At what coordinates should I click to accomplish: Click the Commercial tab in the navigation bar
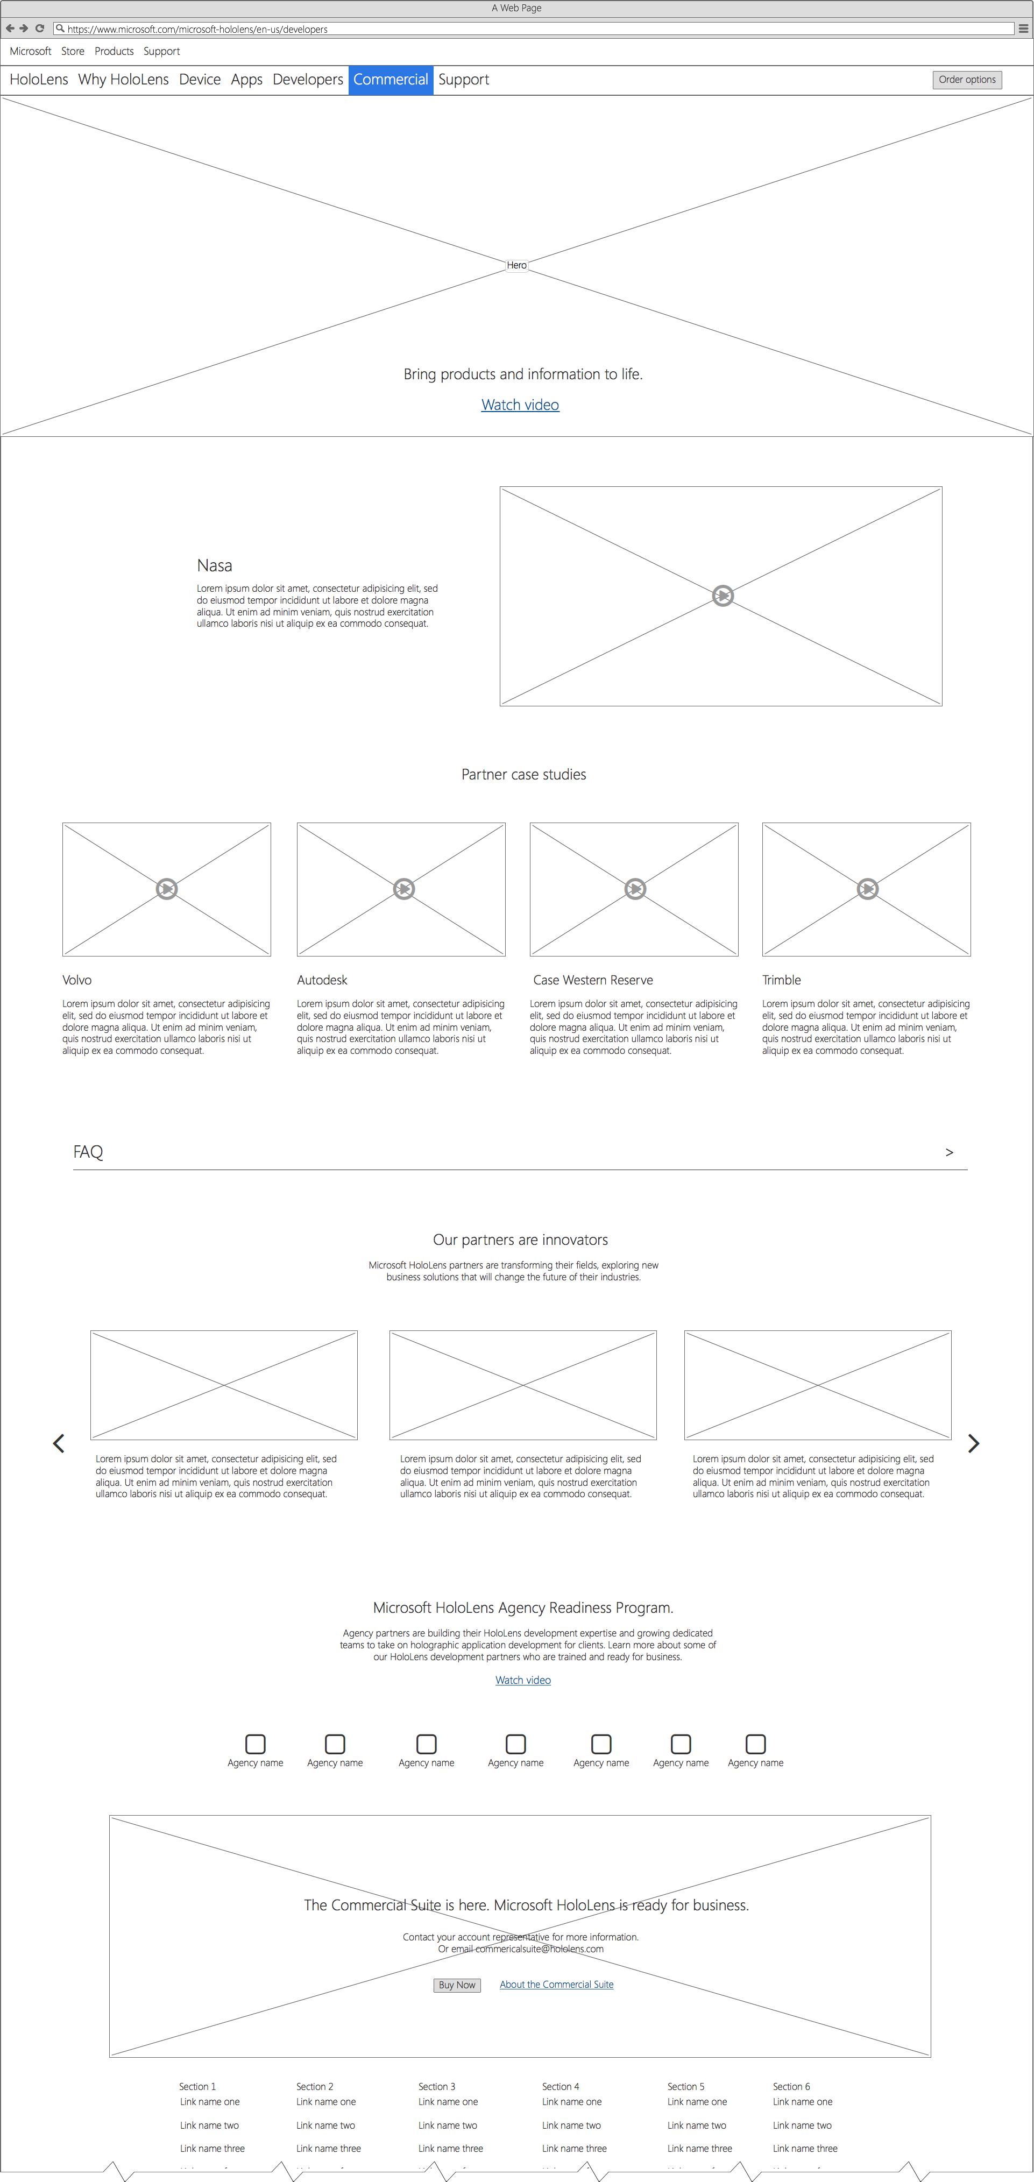pos(391,80)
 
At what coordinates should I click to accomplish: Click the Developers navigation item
pos(307,80)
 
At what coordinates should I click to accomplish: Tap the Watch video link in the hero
pos(520,405)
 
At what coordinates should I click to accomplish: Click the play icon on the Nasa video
pos(723,596)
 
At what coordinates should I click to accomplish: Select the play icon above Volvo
pos(167,889)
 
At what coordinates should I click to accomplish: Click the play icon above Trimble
pos(867,889)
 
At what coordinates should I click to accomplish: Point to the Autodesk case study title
pos(322,980)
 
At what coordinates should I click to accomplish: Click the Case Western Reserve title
pos(593,980)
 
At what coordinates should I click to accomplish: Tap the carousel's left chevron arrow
pos(59,1443)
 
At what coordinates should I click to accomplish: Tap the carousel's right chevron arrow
pos(973,1443)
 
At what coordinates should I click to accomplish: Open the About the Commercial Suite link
pos(556,1984)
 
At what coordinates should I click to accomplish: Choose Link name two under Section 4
pos(572,2126)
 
